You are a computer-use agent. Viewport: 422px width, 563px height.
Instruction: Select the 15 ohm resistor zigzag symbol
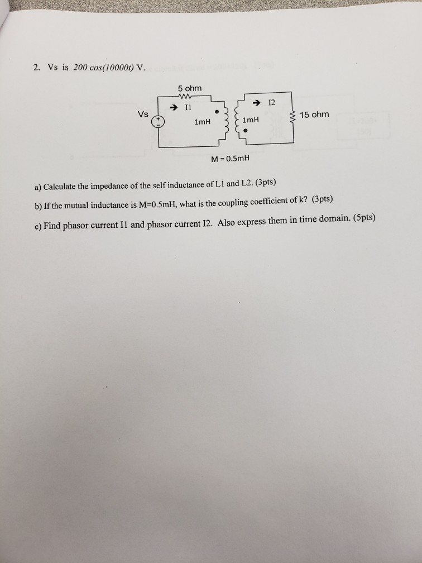click(291, 117)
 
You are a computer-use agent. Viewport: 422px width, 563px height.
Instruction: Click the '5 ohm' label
click(190, 88)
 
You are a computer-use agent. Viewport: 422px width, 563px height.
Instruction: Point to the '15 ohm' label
click(314, 114)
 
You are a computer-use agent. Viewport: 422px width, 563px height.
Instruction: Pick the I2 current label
click(271, 103)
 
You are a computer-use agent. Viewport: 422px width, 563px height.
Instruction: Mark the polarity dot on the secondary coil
click(245, 132)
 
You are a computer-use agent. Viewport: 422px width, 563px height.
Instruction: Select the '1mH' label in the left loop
click(202, 121)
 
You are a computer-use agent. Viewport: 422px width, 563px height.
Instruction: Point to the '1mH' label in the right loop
click(251, 120)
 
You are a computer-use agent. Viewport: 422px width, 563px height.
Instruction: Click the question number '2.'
click(36, 68)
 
